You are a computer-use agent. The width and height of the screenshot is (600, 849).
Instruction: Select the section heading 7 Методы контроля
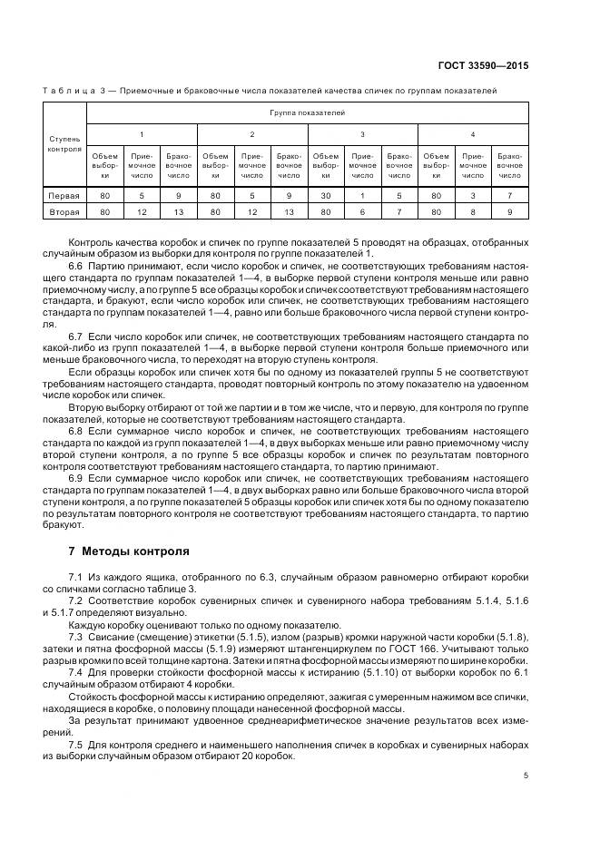(129, 551)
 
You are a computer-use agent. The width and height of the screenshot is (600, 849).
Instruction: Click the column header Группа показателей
(307, 112)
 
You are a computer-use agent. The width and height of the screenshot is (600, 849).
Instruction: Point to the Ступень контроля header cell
(64, 144)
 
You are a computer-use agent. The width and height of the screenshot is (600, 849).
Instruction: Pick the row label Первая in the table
(64, 195)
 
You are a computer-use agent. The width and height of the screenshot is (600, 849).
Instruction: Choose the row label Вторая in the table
(64, 212)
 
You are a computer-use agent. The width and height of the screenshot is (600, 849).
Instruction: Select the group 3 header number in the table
(363, 134)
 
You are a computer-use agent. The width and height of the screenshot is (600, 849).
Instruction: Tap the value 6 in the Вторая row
(363, 212)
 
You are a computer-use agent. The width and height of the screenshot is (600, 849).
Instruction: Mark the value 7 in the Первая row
(510, 195)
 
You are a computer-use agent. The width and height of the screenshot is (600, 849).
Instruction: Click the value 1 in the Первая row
(363, 195)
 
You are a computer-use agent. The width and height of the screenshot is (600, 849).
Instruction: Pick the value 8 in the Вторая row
(473, 212)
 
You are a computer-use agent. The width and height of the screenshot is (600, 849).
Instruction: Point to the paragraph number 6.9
(75, 476)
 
